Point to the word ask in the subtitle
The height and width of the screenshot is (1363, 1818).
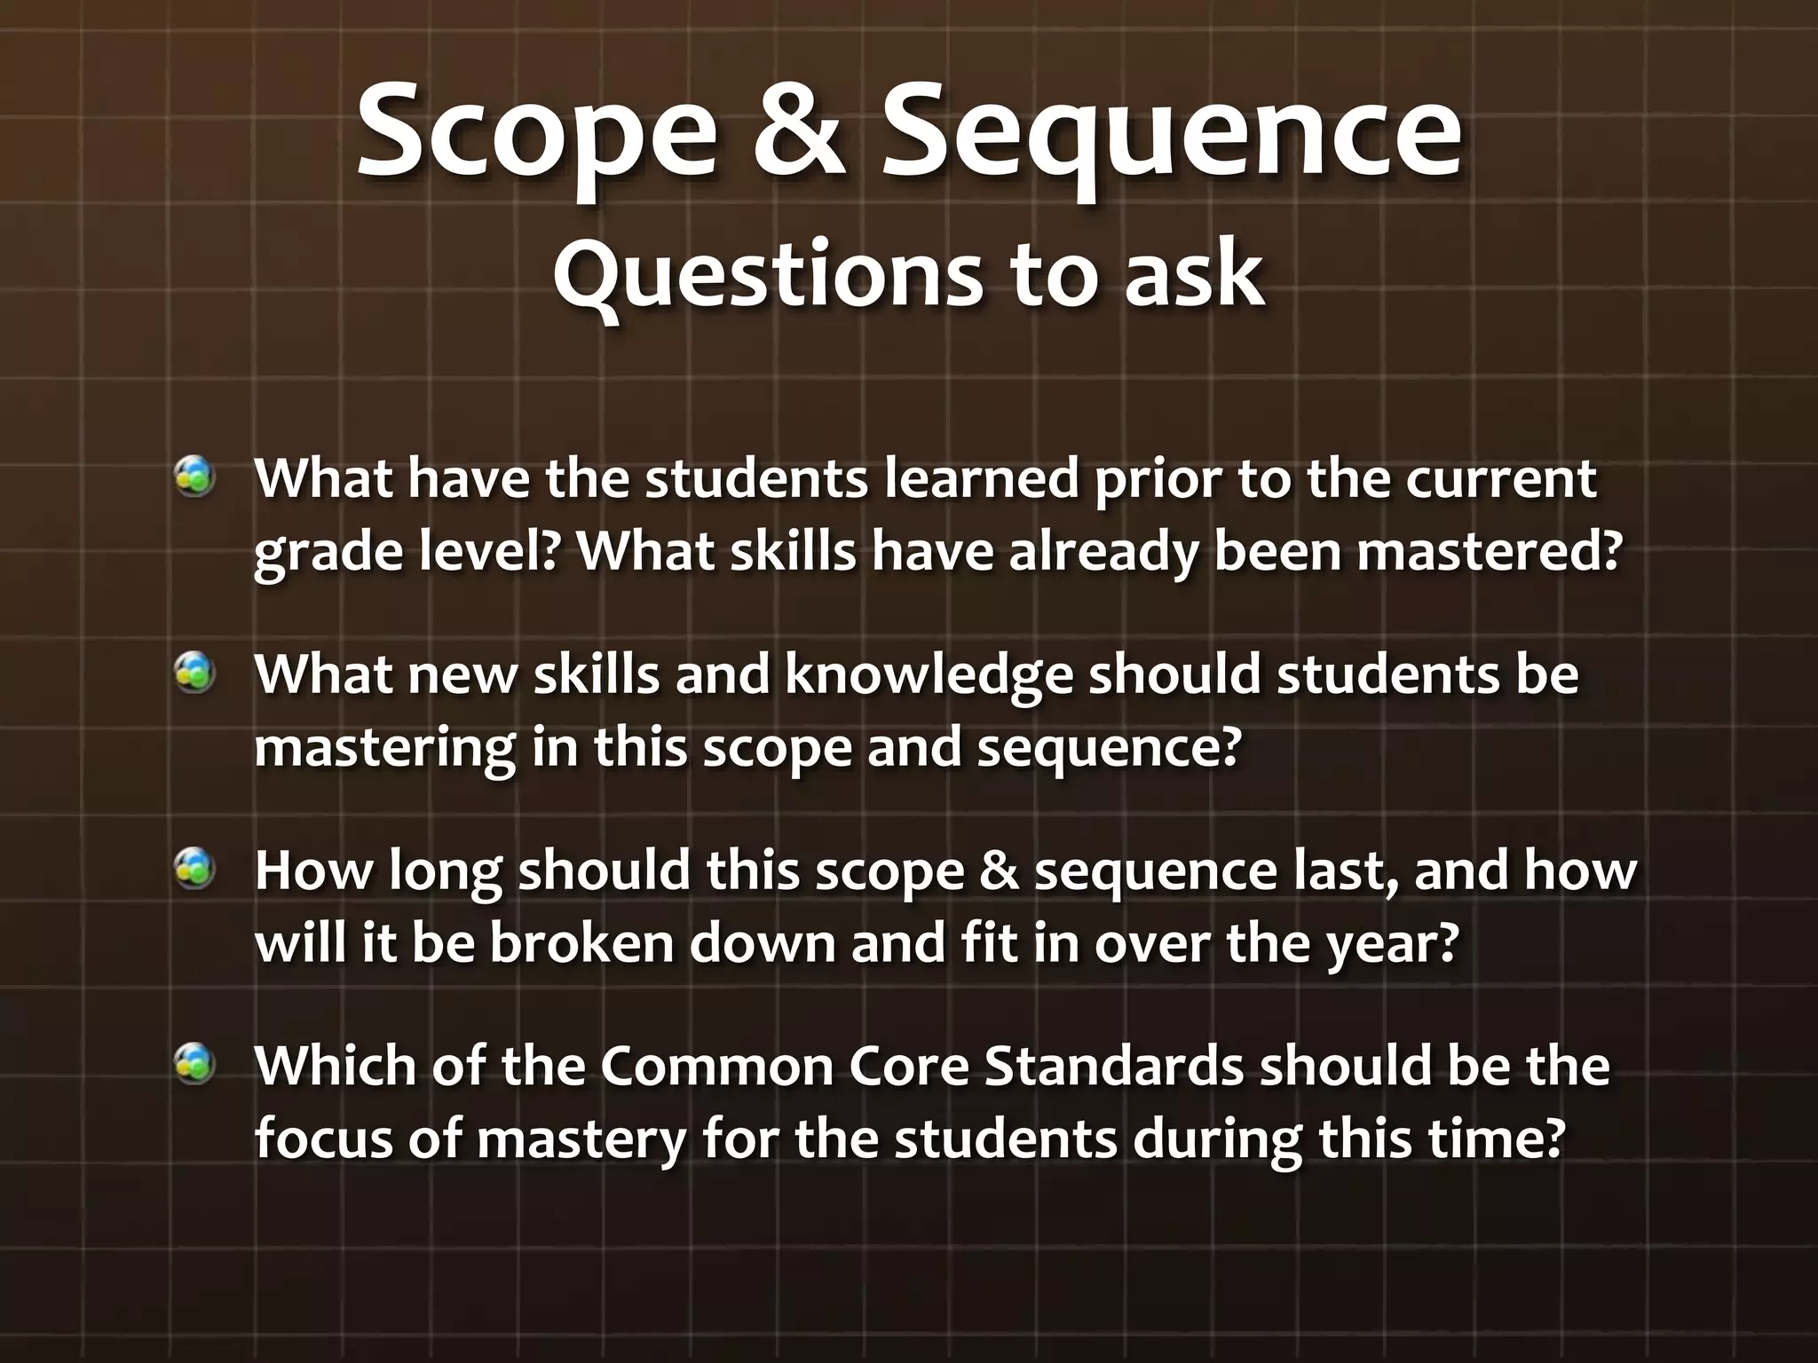1195,275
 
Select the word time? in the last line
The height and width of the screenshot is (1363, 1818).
1495,1139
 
